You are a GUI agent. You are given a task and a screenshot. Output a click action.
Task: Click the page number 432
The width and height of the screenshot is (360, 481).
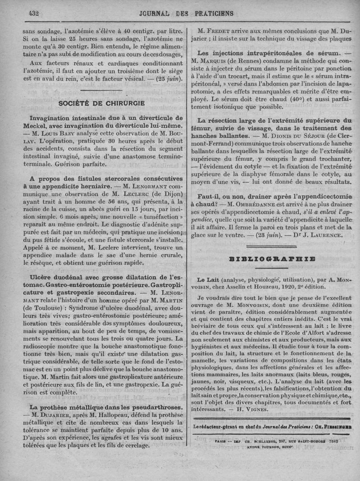(34, 13)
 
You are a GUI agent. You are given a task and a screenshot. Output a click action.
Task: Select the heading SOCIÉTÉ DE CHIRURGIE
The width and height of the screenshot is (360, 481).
(101, 103)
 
